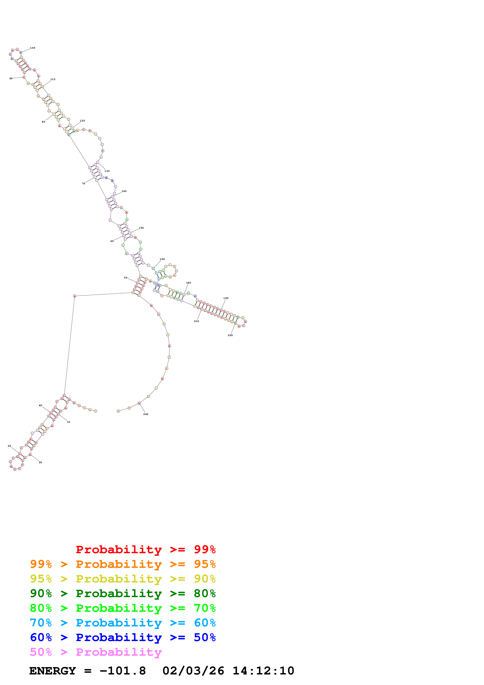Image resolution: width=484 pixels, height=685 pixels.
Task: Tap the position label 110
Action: click(x=53, y=79)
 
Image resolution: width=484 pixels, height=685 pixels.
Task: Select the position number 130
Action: click(x=107, y=171)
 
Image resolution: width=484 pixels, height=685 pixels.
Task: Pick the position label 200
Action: click(x=230, y=335)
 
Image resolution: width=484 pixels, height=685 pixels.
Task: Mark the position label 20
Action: click(x=41, y=462)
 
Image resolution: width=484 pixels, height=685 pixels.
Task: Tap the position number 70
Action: click(x=84, y=184)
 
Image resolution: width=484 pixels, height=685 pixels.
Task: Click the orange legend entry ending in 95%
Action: click(x=123, y=564)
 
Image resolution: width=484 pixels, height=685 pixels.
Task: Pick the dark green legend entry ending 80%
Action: click(x=123, y=593)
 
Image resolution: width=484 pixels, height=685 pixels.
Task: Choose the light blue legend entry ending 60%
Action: click(x=123, y=623)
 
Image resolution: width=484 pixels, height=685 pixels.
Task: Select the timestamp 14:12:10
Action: click(x=263, y=671)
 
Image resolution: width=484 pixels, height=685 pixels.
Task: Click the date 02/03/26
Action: click(x=193, y=671)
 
